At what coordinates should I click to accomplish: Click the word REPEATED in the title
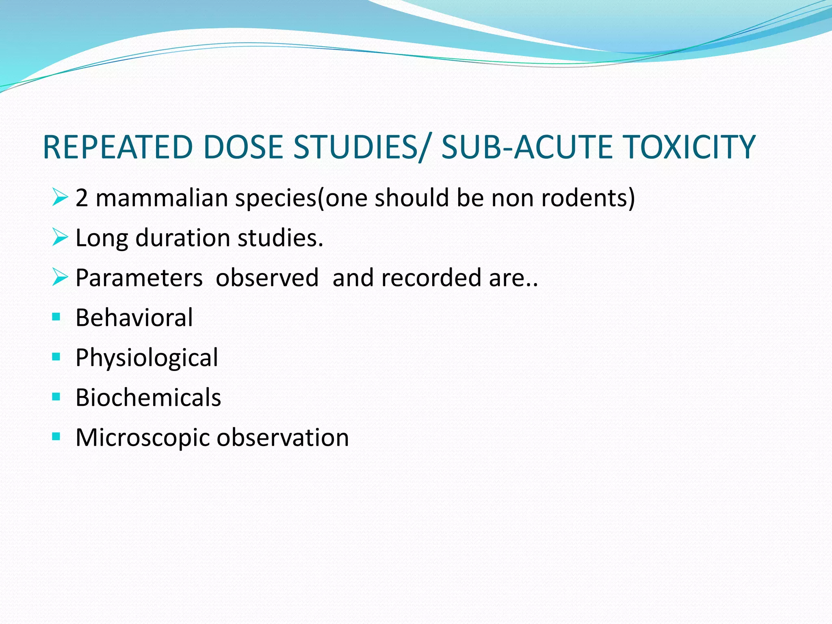pyautogui.click(x=117, y=147)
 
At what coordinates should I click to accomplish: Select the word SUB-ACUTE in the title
pyautogui.click(x=528, y=147)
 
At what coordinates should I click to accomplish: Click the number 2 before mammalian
pyautogui.click(x=82, y=198)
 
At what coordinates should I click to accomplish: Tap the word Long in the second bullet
pyautogui.click(x=102, y=238)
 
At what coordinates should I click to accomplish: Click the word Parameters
pyautogui.click(x=139, y=278)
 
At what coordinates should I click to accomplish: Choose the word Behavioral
pyautogui.click(x=134, y=318)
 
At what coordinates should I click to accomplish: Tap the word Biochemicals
pyautogui.click(x=148, y=397)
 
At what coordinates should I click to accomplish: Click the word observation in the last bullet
pyautogui.click(x=283, y=438)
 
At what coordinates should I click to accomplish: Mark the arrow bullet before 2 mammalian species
pyautogui.click(x=60, y=197)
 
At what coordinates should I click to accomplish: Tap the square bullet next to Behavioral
pyautogui.click(x=56, y=317)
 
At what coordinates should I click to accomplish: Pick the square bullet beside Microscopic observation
pyautogui.click(x=56, y=437)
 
